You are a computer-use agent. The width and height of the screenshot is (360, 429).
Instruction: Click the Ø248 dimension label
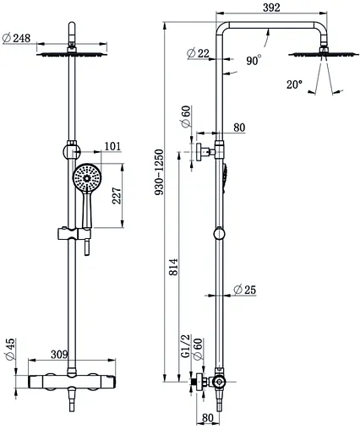[16, 38]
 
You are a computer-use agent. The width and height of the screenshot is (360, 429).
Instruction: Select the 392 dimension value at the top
[271, 8]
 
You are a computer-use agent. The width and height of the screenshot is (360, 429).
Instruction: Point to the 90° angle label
[254, 60]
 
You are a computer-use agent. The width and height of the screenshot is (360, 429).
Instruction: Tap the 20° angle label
[294, 84]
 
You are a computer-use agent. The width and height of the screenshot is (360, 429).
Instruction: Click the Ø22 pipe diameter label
[199, 53]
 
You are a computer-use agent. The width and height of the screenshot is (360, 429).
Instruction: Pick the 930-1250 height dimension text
[159, 172]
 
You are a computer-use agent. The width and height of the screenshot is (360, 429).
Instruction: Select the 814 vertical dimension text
[173, 267]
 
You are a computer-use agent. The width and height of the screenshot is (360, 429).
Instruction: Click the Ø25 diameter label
[245, 290]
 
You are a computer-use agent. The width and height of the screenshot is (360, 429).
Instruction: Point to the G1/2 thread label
[186, 346]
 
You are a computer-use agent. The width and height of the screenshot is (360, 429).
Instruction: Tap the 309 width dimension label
[59, 355]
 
